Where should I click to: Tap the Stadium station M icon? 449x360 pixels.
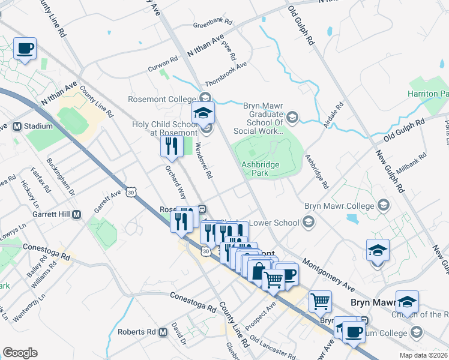pyautogui.click(x=17, y=127)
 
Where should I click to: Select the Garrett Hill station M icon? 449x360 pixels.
pyautogui.click(x=76, y=214)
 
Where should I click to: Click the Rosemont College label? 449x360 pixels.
pyautogui.click(x=162, y=98)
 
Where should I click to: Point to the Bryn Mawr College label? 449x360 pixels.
pyautogui.click(x=339, y=206)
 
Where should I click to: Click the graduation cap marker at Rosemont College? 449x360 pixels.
pyautogui.click(x=203, y=112)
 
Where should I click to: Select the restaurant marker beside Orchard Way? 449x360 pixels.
pyautogui.click(x=172, y=146)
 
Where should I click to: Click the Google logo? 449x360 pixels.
pyautogui.click(x=20, y=353)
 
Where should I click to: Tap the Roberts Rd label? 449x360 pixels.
pyautogui.click(x=136, y=332)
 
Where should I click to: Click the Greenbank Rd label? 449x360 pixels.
pyautogui.click(x=212, y=26)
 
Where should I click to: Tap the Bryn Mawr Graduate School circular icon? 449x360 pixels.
pyautogui.click(x=292, y=116)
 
